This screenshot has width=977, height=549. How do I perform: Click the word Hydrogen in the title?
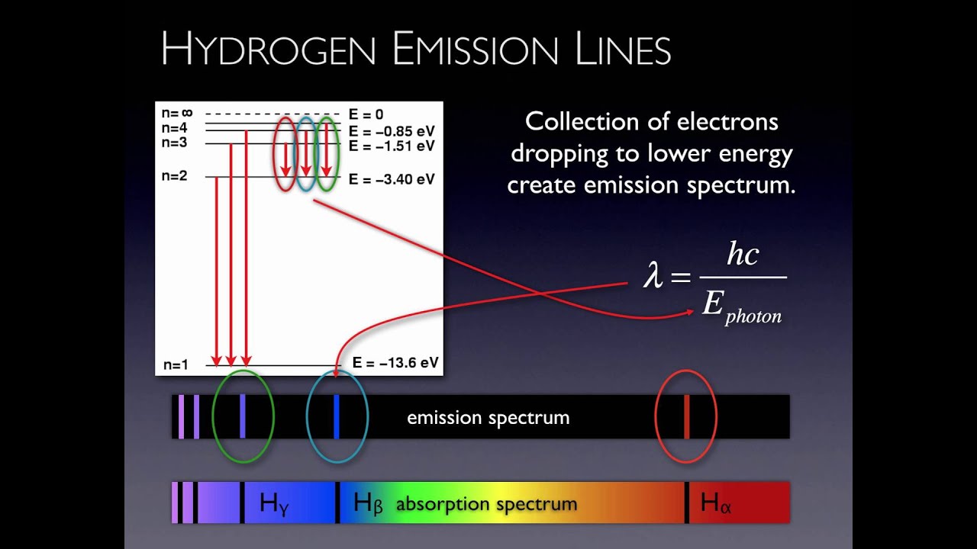(269, 50)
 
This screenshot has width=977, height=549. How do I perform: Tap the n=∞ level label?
(177, 114)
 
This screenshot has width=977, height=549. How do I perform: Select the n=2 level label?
(174, 176)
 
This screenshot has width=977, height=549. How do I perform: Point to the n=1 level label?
(175, 364)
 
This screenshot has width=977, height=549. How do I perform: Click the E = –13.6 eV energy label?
(395, 363)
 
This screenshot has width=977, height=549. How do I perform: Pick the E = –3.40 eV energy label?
(392, 180)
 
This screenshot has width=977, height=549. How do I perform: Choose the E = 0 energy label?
(366, 114)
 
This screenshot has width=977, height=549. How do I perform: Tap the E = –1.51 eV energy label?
(392, 145)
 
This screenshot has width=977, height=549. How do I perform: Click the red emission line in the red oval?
(686, 416)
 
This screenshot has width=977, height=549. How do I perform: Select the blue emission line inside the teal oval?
(336, 416)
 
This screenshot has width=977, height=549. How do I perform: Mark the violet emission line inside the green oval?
(243, 416)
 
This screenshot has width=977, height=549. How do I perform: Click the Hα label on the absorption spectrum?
(716, 503)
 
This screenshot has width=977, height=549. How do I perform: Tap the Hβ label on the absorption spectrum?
(368, 503)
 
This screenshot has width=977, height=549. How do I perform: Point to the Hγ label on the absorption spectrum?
(275, 503)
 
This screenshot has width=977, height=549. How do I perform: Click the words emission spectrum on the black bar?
(488, 418)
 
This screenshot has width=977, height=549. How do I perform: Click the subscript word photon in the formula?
(753, 316)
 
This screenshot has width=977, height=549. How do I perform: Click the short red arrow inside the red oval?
(285, 159)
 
